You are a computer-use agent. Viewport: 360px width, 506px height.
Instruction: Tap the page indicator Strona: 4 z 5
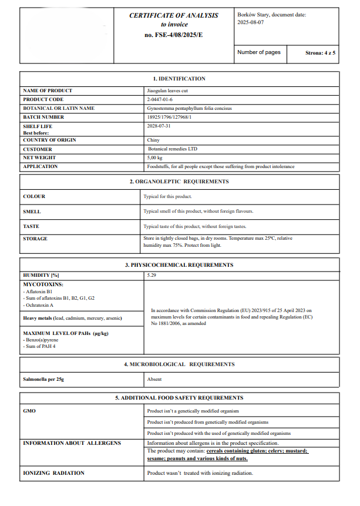click(x=320, y=53)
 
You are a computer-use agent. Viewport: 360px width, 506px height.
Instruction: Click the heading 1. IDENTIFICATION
click(x=179, y=79)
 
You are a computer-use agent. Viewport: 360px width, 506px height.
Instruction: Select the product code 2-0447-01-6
click(x=160, y=100)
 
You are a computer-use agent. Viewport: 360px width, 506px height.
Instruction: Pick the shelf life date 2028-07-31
click(x=159, y=126)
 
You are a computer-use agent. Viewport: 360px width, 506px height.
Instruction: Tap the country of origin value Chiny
click(x=153, y=140)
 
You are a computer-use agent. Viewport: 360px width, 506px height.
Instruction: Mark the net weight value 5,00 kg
click(x=155, y=158)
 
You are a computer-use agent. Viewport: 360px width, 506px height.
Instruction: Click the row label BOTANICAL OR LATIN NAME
click(x=58, y=109)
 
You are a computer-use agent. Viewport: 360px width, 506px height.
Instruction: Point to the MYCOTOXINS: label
click(x=43, y=284)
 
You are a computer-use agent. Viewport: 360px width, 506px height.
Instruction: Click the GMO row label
click(x=29, y=411)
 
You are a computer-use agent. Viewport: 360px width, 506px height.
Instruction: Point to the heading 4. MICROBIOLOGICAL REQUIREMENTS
click(x=179, y=365)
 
